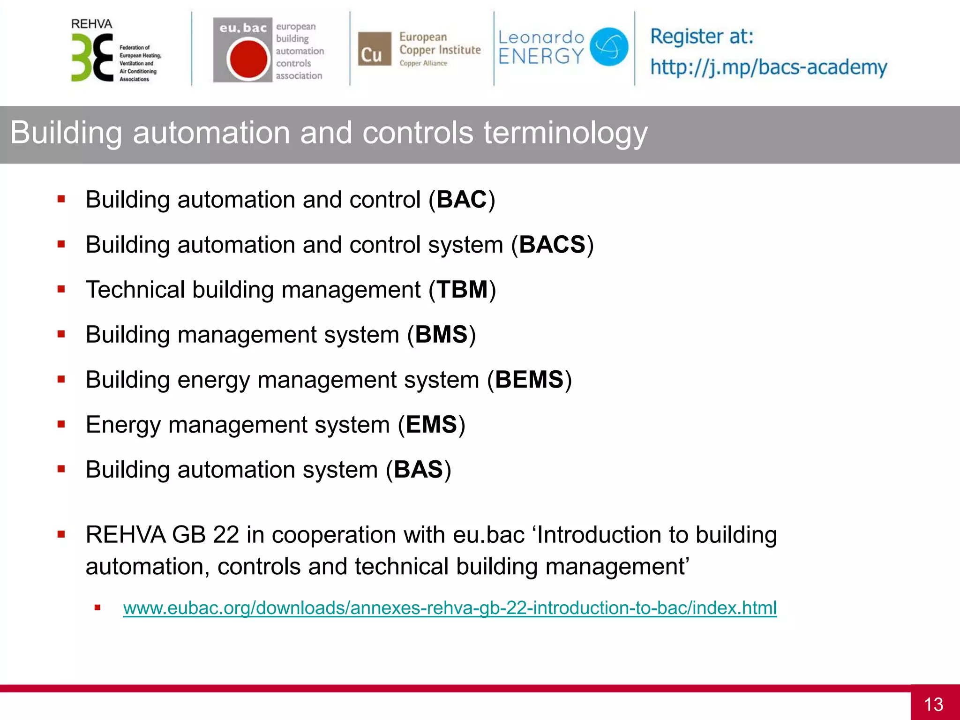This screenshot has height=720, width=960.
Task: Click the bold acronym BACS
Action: (552, 245)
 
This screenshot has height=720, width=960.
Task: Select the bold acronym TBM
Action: (462, 290)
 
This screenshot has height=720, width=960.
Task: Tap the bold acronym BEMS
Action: (529, 380)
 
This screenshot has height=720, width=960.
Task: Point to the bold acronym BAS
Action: (418, 470)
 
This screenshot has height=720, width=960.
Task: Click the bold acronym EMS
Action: (431, 425)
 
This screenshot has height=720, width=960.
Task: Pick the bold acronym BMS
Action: (441, 335)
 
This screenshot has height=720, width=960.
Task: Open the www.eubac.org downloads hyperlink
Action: (450, 608)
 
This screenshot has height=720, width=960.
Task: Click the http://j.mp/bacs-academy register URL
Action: (768, 67)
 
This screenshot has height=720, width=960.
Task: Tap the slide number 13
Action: (933, 704)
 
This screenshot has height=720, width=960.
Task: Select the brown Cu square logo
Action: (374, 49)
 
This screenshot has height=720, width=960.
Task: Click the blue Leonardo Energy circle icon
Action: (608, 46)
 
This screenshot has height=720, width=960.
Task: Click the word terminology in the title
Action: (565, 133)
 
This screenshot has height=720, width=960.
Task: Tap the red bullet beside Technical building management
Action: (61, 289)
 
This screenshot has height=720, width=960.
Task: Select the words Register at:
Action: (701, 37)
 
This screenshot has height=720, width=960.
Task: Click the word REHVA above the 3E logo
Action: (91, 24)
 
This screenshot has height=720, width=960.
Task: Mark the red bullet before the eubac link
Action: (97, 608)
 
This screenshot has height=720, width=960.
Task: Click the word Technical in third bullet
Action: (135, 290)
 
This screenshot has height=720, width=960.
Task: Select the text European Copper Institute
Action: (440, 44)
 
